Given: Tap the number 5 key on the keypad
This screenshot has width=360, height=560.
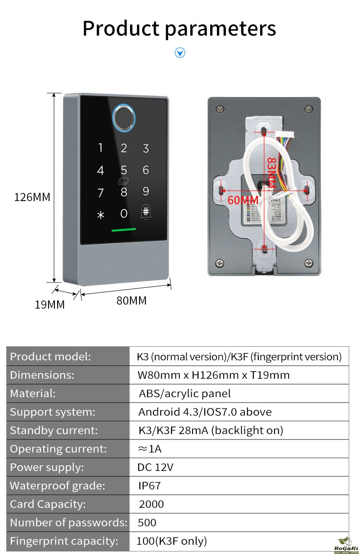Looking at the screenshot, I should [124, 170].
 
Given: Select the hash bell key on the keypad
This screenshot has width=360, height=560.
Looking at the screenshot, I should [146, 213].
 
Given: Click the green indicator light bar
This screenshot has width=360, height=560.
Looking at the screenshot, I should [124, 229].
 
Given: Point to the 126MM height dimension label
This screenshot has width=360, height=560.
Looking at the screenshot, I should [32, 197].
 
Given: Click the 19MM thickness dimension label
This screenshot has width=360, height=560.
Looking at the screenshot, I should [49, 305].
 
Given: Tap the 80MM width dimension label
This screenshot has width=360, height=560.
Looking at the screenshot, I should [131, 300].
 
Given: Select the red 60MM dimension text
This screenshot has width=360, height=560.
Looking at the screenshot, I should [243, 200].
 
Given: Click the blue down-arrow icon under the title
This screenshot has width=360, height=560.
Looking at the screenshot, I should [180, 53].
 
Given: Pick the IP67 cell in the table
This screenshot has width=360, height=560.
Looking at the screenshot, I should [149, 486].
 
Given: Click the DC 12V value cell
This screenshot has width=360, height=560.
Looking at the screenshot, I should [155, 467].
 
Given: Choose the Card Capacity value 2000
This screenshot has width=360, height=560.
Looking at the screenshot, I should [151, 504].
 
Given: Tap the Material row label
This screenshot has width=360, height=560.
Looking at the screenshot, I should [33, 394].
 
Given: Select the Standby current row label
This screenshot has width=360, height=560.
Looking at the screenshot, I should [54, 430].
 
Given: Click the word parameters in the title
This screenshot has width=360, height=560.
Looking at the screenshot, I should [220, 28].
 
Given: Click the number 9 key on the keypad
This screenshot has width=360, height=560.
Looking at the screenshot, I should [146, 192].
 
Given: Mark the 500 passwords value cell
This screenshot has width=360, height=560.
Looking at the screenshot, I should [147, 523].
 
